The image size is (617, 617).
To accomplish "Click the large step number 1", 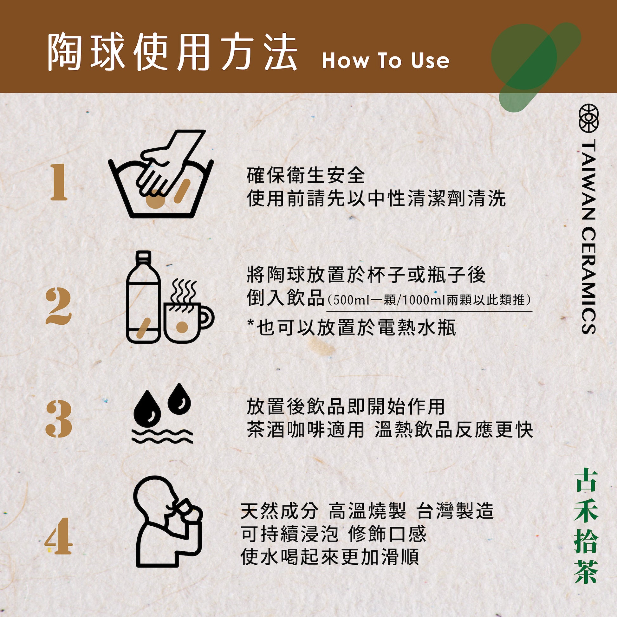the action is (x=59, y=182).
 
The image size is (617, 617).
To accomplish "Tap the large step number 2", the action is (x=58, y=306).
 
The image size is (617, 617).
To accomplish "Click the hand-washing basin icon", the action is (x=161, y=174).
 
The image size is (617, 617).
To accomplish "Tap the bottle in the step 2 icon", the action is (x=143, y=297).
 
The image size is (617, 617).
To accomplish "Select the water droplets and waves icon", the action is (x=163, y=416).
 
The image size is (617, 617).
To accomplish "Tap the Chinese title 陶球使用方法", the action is (x=172, y=53).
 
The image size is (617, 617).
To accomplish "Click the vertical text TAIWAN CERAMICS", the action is (x=588, y=236).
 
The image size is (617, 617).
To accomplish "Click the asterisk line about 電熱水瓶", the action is (x=351, y=328).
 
